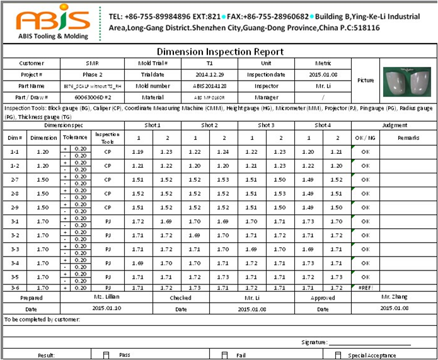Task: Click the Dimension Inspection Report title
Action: coord(219,52)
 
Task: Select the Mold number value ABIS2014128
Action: coord(209,86)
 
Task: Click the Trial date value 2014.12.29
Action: coord(209,74)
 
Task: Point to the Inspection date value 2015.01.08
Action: coord(323,74)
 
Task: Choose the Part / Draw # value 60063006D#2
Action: coord(93,97)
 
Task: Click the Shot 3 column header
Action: coord(266,125)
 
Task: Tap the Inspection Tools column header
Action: coord(107,137)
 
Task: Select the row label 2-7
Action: coord(16,180)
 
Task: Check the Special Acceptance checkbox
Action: coord(334,355)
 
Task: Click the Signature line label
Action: coord(314,342)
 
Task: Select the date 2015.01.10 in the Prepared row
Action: coord(106,308)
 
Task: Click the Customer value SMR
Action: coord(92,63)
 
